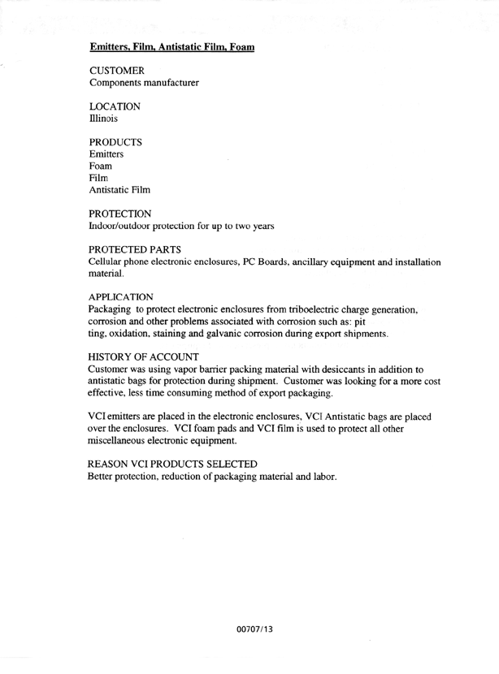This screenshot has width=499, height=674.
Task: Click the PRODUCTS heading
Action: click(116, 142)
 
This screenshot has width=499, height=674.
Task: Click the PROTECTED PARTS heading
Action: click(140, 248)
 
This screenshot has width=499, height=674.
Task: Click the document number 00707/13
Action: click(249, 629)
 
